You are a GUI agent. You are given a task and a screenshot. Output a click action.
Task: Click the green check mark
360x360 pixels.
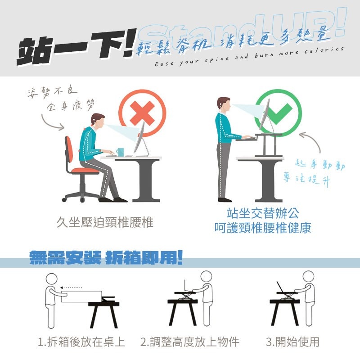[x=278, y=113]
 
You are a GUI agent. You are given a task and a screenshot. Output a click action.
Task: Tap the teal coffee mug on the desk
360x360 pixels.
[x=120, y=152]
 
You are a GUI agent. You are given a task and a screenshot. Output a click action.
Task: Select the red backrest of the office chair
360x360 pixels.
[x=69, y=148]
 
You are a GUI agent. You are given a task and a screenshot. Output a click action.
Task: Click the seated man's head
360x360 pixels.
[x=97, y=120]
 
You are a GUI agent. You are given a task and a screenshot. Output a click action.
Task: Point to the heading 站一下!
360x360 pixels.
[x=76, y=47]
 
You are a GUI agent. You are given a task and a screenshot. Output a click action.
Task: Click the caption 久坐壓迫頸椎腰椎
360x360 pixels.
[x=105, y=222]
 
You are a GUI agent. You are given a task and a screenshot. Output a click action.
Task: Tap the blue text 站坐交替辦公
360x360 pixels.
[x=263, y=213]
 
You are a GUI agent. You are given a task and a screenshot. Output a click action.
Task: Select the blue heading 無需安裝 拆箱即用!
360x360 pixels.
[x=106, y=257]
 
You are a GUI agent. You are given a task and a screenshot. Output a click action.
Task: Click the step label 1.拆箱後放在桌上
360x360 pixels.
[x=81, y=342]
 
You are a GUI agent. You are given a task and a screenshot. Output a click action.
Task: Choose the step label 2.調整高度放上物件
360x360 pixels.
[x=189, y=342]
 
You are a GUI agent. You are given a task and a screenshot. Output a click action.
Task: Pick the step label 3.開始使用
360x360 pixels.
[x=293, y=342]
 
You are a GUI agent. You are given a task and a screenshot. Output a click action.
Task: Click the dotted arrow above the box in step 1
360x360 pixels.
[x=71, y=288]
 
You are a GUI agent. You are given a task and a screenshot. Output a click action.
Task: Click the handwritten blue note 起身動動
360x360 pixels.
[x=320, y=165]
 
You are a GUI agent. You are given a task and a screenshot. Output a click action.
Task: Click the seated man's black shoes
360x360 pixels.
[x=113, y=199]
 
